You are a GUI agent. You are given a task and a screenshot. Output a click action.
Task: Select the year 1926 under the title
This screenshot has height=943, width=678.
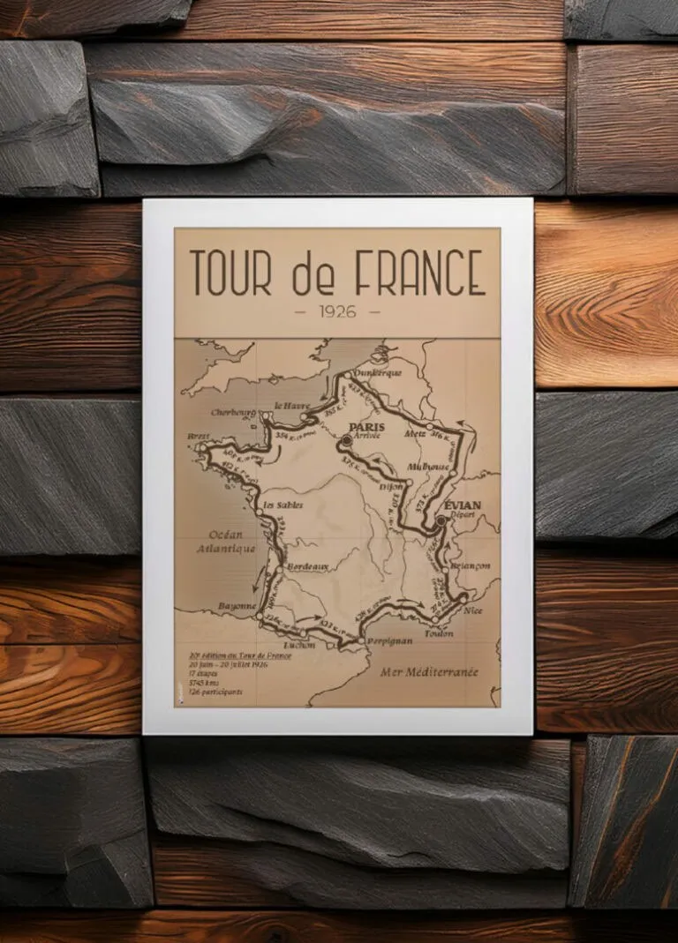[337, 311]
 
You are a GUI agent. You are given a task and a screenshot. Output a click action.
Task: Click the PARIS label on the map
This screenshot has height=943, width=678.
[367, 427]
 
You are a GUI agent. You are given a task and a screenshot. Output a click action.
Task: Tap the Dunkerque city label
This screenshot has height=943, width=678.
[377, 372]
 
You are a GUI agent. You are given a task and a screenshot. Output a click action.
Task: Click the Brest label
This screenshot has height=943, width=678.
[199, 436]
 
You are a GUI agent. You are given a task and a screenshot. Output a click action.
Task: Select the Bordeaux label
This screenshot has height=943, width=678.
[308, 566]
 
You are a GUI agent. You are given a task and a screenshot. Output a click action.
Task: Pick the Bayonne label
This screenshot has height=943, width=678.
[237, 607]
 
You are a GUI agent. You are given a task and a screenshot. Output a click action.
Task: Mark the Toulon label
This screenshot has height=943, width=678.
[439, 632]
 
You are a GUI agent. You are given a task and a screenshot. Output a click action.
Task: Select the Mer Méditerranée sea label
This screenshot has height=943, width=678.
[429, 671]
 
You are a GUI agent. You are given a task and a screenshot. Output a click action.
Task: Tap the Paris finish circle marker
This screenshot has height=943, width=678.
[346, 438]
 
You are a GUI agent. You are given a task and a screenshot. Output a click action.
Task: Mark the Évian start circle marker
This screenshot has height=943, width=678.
[441, 520]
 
